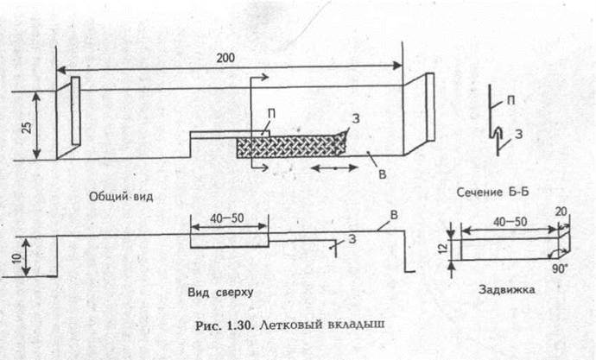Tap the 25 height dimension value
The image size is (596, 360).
26,126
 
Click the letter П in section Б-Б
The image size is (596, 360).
512,101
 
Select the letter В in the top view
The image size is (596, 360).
393,215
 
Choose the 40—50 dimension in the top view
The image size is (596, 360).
228,220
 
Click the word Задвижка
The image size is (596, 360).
506,291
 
